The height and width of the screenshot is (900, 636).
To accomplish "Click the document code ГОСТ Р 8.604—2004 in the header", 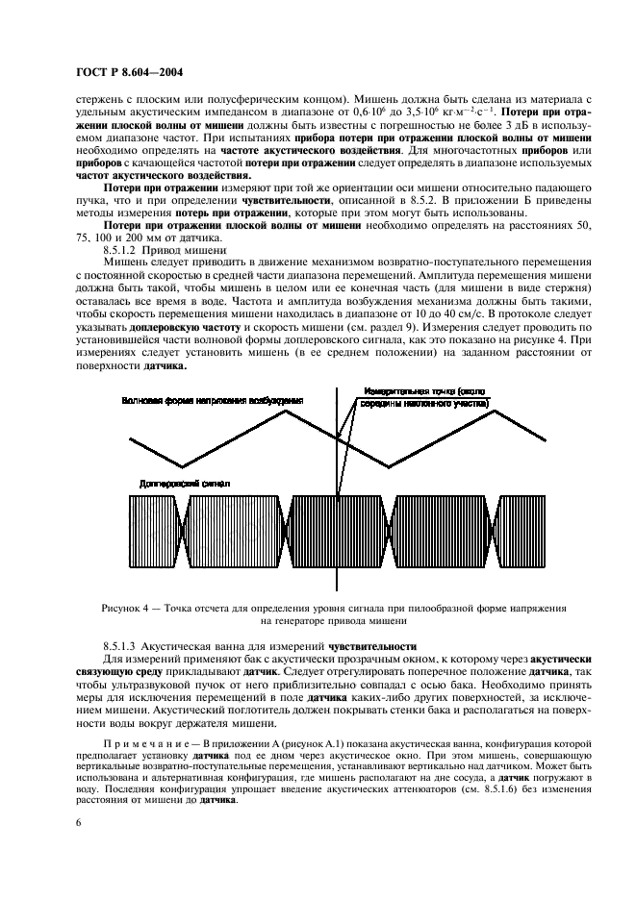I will tap(129, 72).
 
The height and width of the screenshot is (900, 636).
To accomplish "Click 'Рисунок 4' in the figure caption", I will tap(127, 607).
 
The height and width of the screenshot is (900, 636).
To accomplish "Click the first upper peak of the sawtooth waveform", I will tap(286, 411).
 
